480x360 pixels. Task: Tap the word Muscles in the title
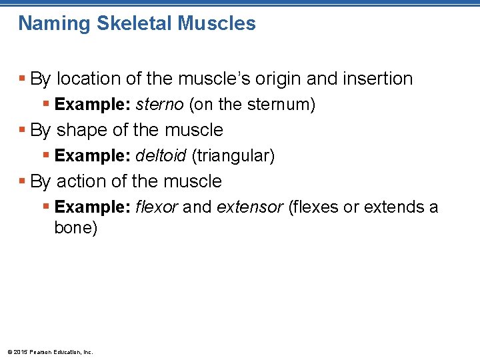(217, 24)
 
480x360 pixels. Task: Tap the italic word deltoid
(161, 156)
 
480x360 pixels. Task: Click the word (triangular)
(233, 156)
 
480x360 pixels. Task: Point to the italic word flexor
(157, 207)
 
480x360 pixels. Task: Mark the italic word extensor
(249, 207)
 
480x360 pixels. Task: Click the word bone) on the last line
(75, 228)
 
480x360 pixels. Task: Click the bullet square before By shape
(23, 130)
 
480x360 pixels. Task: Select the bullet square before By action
(23, 181)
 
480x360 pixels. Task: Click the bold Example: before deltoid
(93, 156)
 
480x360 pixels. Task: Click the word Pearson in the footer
(38, 352)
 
